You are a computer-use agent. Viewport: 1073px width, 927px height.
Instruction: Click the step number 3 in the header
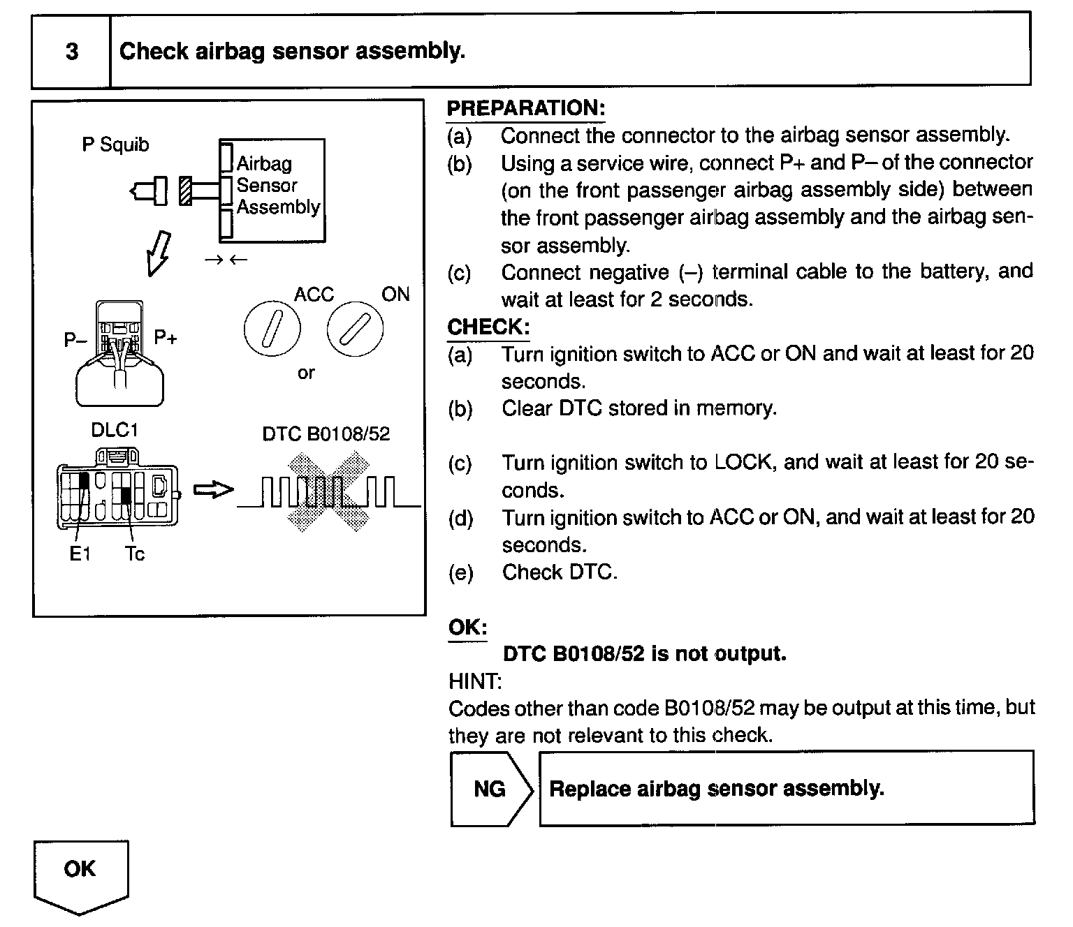click(x=71, y=52)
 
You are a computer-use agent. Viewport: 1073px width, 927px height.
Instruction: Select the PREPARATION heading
click(x=525, y=108)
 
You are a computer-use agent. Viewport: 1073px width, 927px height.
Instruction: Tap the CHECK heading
click(x=488, y=327)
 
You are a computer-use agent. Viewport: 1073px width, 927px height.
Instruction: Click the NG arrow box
click(x=491, y=789)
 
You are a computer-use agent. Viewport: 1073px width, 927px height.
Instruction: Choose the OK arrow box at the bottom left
click(x=80, y=873)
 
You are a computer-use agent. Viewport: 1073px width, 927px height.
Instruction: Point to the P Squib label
click(x=115, y=144)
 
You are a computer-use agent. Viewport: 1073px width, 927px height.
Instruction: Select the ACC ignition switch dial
click(x=272, y=329)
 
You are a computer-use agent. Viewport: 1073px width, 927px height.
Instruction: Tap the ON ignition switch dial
click(x=354, y=329)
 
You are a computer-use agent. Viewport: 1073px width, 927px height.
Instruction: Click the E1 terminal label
click(x=80, y=554)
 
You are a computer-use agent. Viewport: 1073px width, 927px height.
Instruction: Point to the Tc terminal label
click(x=135, y=554)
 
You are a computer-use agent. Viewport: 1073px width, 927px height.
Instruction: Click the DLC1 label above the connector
click(x=115, y=430)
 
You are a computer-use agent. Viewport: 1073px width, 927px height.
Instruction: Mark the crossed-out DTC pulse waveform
click(x=329, y=491)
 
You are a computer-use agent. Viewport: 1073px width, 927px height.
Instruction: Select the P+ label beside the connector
click(x=166, y=338)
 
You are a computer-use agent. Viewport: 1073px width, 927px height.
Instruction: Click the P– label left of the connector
click(x=75, y=340)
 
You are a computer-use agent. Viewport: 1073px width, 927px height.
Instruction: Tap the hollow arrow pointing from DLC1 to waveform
click(x=212, y=490)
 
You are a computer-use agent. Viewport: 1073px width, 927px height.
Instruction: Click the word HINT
click(x=475, y=681)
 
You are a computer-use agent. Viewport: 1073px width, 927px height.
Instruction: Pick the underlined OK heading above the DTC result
click(x=467, y=627)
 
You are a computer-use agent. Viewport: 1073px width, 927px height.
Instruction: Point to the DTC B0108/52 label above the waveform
click(x=326, y=434)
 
